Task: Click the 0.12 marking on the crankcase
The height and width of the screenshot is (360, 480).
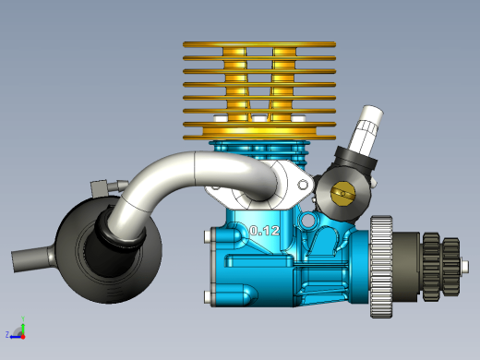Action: pyautogui.click(x=265, y=231)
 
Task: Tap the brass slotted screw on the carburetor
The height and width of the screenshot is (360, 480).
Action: pyautogui.click(x=343, y=193)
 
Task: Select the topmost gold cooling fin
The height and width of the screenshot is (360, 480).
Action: pyautogui.click(x=259, y=44)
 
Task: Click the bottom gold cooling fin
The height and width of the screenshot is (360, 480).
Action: pyautogui.click(x=259, y=138)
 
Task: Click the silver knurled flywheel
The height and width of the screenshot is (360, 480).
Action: pyautogui.click(x=381, y=267)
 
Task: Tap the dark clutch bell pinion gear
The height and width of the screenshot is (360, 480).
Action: pyautogui.click(x=441, y=267)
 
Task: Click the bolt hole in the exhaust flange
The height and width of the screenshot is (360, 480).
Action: pyautogui.click(x=303, y=185)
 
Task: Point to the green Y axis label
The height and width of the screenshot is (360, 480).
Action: pyautogui.click(x=23, y=318)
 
